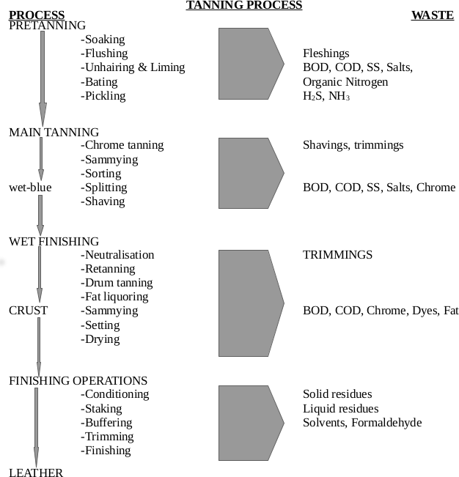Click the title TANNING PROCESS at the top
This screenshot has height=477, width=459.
[x=244, y=5]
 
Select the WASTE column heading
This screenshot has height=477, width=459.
[x=432, y=15]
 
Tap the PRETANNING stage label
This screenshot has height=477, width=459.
[x=47, y=25]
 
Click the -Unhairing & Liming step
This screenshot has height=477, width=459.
[x=133, y=67]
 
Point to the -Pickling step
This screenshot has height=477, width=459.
[x=103, y=95]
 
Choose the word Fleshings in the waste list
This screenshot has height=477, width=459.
[x=326, y=53]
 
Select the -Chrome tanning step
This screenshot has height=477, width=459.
[x=122, y=145]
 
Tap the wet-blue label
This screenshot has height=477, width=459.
[x=29, y=187]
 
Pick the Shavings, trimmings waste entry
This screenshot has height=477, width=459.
[x=353, y=145]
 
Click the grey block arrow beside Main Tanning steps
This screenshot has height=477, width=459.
[x=250, y=173]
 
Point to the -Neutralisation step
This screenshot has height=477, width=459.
[x=118, y=255]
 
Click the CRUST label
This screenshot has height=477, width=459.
[x=28, y=311]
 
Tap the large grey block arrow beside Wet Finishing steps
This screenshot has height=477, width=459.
[x=250, y=303]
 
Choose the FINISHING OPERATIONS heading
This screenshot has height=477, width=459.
[x=78, y=380]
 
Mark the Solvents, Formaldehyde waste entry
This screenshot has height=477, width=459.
[x=362, y=423]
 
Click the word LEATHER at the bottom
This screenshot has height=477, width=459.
[x=36, y=473]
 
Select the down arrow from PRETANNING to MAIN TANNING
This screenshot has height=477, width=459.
[x=43, y=77]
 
